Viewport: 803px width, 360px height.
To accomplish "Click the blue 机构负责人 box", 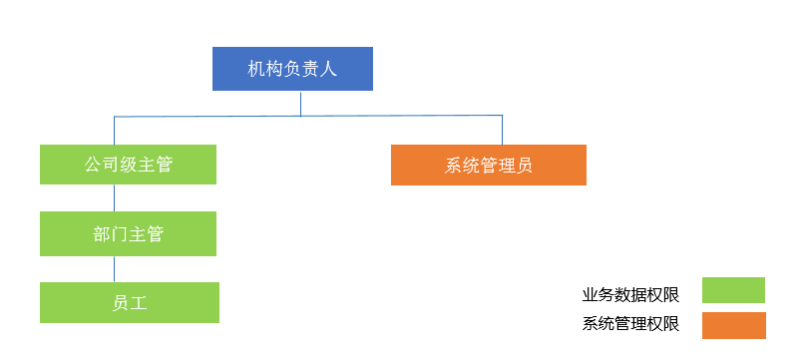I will (292, 69).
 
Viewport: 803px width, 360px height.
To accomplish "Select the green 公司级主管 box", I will (128, 165).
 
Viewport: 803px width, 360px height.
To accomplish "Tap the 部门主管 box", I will (128, 234).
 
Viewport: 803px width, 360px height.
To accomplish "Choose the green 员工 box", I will (130, 303).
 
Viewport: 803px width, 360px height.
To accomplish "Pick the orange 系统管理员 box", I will (488, 166).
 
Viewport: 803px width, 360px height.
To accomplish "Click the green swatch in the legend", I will (733, 290).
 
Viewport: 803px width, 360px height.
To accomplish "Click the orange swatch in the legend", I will (733, 325).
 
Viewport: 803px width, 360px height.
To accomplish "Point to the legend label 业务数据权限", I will (630, 294).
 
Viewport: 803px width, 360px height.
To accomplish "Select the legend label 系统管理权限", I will (630, 324).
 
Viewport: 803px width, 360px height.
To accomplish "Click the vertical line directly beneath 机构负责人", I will (301, 104).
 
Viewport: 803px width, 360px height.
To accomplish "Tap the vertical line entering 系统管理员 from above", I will (502, 131).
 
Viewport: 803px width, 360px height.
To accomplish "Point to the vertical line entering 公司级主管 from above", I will (115, 131).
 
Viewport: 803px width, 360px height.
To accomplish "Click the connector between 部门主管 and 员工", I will (115, 269).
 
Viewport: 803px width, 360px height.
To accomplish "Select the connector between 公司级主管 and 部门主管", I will (115, 197).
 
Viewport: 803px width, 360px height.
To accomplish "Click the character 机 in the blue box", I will (256, 69).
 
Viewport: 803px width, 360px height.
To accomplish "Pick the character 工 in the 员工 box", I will (139, 303).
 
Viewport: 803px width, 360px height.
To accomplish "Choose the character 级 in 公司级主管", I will (128, 165).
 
